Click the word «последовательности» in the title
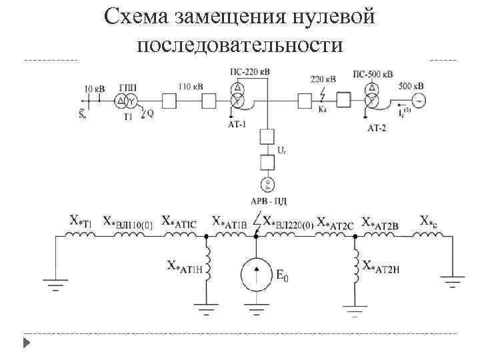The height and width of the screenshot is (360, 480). point(240,45)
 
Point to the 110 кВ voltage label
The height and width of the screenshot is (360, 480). point(191,87)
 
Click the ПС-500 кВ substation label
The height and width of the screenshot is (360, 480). point(372,73)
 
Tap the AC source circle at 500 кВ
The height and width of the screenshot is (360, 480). point(420,101)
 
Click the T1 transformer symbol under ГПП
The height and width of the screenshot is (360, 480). point(127,101)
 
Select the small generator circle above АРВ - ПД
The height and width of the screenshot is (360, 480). point(267,185)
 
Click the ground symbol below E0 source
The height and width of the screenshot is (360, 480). point(257,307)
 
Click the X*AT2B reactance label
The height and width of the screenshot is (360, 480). point(381,222)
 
